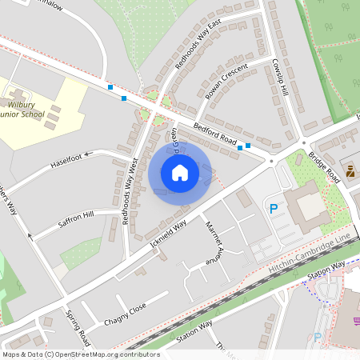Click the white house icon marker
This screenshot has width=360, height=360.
180,172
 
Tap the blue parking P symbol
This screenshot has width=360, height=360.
274,210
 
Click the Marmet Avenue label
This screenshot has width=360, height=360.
213,243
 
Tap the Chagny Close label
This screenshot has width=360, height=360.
125,314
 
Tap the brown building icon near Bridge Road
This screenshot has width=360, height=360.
350,170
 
